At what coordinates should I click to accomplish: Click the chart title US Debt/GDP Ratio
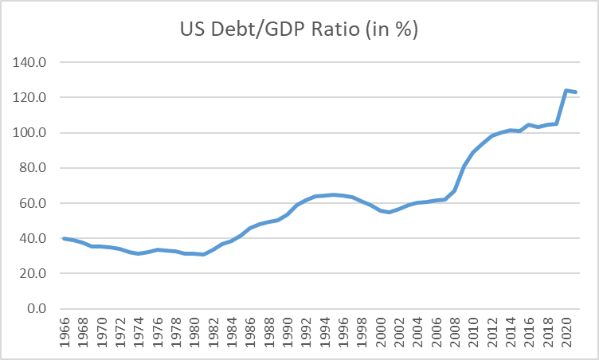click(x=299, y=31)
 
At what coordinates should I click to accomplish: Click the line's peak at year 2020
click(x=566, y=91)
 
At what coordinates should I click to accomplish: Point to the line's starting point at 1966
click(x=65, y=238)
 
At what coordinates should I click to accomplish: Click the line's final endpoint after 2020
click(x=575, y=92)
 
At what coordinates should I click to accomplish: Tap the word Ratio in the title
click(x=344, y=31)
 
